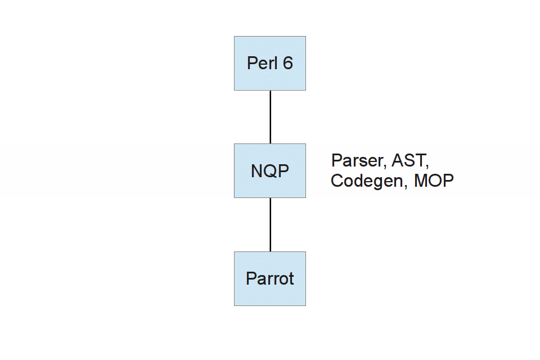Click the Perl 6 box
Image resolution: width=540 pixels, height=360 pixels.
[270, 64]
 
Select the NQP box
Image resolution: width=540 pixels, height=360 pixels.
[270, 171]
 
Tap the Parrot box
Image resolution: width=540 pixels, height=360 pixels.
[270, 278]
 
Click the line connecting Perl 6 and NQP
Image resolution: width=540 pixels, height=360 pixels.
[271, 117]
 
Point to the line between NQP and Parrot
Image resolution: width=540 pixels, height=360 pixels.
[271, 224]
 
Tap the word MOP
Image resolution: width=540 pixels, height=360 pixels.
[434, 181]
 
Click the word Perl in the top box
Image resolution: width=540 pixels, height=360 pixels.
[262, 63]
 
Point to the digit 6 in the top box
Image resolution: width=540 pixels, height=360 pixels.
[288, 64]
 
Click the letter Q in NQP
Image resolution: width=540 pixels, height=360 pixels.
[271, 171]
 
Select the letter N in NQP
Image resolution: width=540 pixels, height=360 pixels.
[257, 171]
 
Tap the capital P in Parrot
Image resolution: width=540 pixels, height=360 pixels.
[251, 278]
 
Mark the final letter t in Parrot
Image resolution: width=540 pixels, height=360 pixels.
[291, 279]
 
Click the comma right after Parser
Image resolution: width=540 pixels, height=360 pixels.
[385, 166]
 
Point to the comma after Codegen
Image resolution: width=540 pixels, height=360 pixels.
[406, 186]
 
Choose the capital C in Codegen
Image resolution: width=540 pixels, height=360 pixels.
[337, 181]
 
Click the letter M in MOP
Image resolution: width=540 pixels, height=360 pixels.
[421, 181]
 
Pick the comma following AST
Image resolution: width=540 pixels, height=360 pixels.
[427, 166]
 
